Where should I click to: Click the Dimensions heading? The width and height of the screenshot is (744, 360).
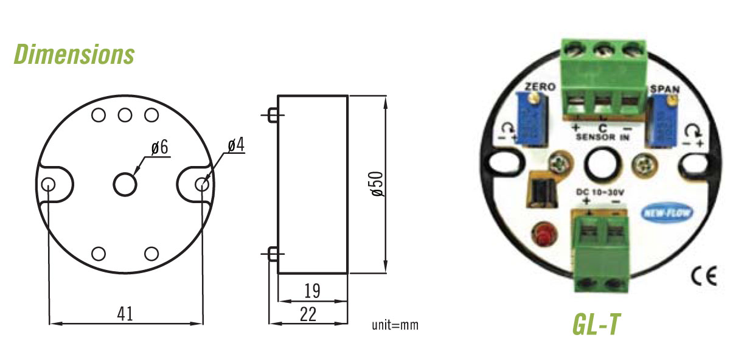(74, 54)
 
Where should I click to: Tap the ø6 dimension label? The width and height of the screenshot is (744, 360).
(159, 148)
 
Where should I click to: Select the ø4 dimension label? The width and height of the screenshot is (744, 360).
(237, 145)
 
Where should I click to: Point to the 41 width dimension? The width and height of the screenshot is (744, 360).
(125, 314)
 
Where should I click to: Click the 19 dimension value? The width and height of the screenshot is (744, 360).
(311, 291)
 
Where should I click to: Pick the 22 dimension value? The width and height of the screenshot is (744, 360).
(308, 314)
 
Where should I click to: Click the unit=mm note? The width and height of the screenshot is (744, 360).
(395, 325)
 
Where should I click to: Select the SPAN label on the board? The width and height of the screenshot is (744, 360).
(664, 89)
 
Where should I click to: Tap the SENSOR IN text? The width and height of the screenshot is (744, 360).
(602, 137)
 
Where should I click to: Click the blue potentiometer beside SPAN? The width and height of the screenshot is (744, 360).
(661, 122)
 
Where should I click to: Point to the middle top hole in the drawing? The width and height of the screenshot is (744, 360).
(125, 114)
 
